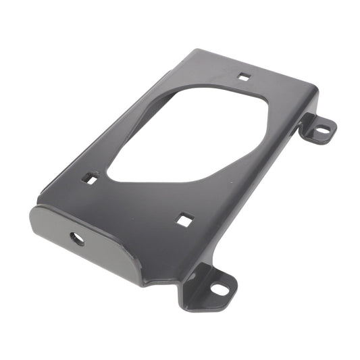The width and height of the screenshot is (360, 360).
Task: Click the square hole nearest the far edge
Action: [x=244, y=76]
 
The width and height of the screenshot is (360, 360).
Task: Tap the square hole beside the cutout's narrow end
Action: [x=89, y=178]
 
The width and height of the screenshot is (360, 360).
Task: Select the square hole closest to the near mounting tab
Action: [x=184, y=219]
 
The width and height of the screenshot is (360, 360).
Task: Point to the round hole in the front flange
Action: [x=77, y=238]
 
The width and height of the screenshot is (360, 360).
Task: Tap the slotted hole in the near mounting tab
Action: [x=219, y=289]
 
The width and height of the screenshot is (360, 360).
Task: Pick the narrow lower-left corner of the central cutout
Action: [x=112, y=176]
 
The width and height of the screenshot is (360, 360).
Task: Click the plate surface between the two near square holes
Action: [x=135, y=199]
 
